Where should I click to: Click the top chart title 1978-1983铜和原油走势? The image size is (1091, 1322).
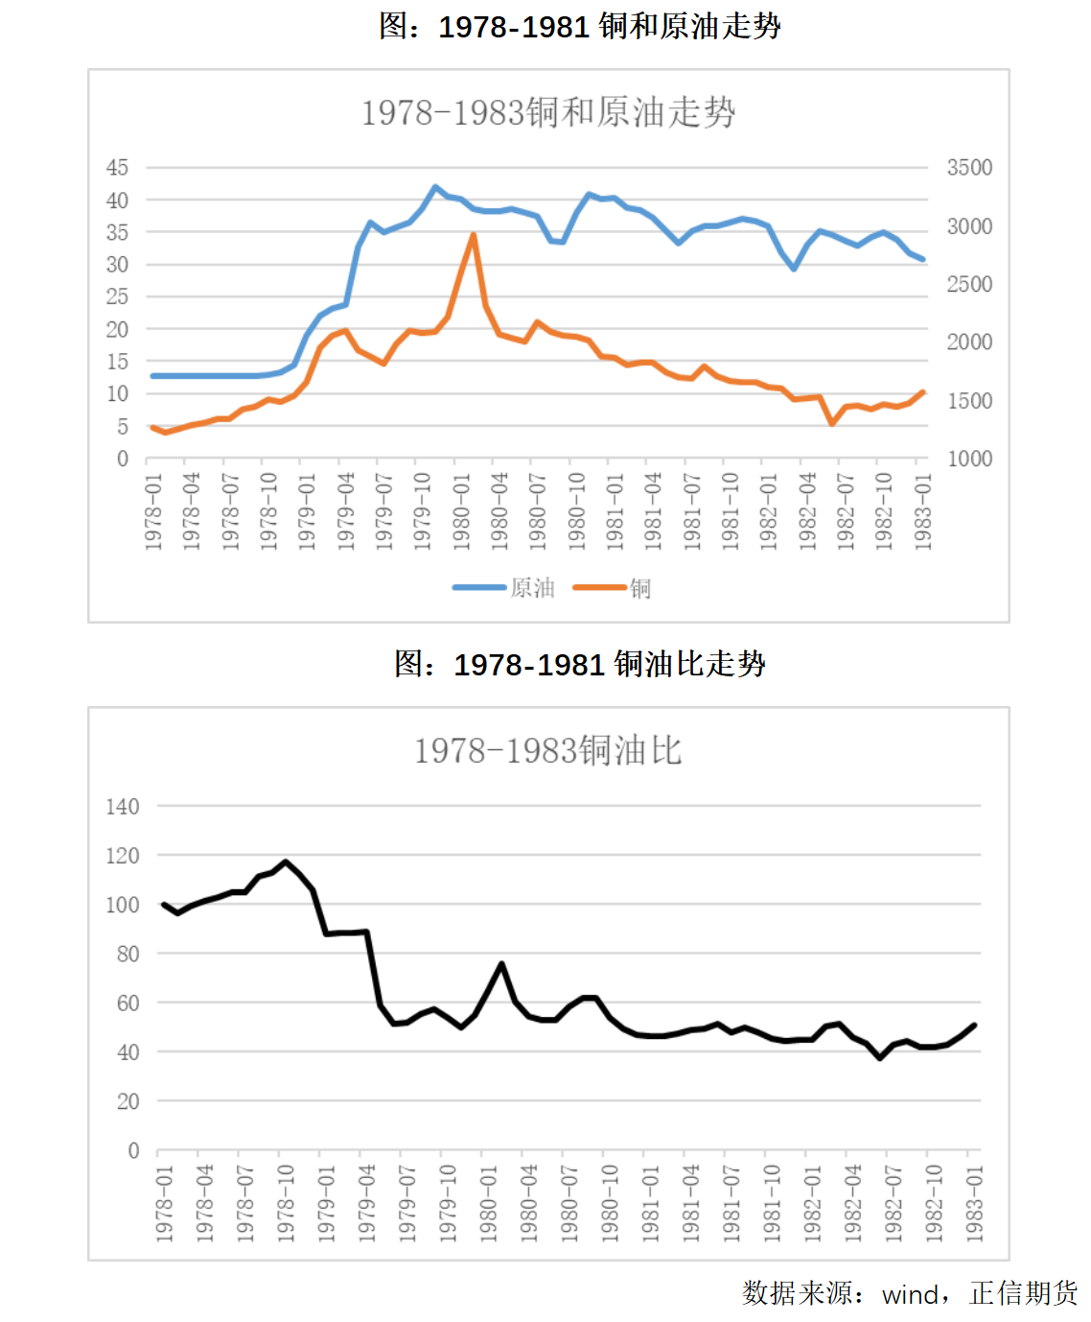tap(547, 112)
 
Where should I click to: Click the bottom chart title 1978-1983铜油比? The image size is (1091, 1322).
tap(547, 750)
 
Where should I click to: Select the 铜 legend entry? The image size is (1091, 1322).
tap(613, 587)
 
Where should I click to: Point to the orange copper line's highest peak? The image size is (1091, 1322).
tap(474, 235)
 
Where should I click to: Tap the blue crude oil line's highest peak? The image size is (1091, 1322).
tap(435, 187)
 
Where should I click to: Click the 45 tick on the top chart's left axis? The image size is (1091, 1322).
tap(117, 168)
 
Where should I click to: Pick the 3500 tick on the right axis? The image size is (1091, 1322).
tap(969, 168)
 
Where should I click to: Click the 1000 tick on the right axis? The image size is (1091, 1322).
tap(969, 459)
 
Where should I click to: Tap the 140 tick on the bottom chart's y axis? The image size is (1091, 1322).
tap(122, 807)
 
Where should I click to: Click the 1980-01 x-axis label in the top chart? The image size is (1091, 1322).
tap(461, 510)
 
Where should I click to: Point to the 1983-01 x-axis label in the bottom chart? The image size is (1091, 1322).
tap(974, 1203)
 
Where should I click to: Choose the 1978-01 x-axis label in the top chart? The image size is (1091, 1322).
tap(153, 510)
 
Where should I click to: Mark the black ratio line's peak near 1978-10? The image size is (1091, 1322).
tap(286, 862)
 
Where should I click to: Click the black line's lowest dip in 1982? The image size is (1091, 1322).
tap(880, 1057)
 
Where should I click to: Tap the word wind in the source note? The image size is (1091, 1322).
tap(910, 1294)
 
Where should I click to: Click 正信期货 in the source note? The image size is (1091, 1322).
tap(1023, 1293)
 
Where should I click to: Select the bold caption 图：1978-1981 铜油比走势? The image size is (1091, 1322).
tap(579, 664)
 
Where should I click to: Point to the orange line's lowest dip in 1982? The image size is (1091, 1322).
tap(832, 423)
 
